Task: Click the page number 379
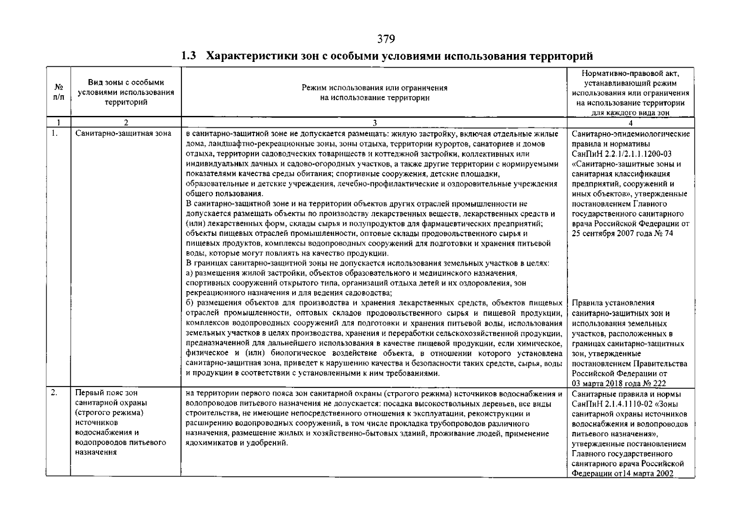(386, 40)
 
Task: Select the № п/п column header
(58, 93)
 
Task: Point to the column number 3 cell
(374, 123)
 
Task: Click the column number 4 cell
(631, 123)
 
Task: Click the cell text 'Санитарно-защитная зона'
(123, 134)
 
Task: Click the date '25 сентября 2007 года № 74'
(622, 234)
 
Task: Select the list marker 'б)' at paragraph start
(190, 303)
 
